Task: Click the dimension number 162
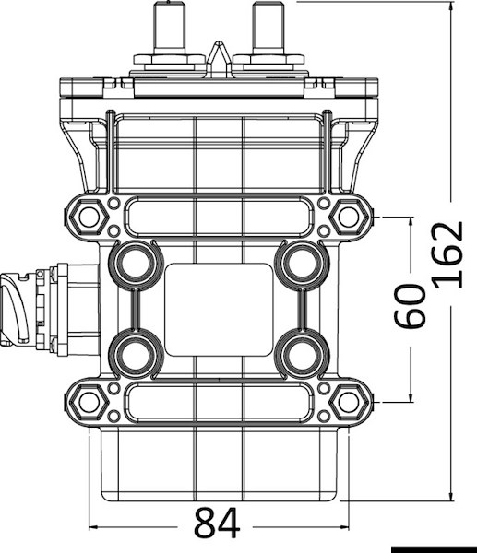pos(447,254)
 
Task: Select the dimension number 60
pos(410,306)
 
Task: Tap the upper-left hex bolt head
pos(89,217)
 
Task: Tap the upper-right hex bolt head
pos(349,217)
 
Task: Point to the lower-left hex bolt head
pos(89,402)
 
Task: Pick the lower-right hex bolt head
pos(349,402)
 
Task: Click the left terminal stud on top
pos(170,29)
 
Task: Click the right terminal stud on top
pos(268,29)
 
